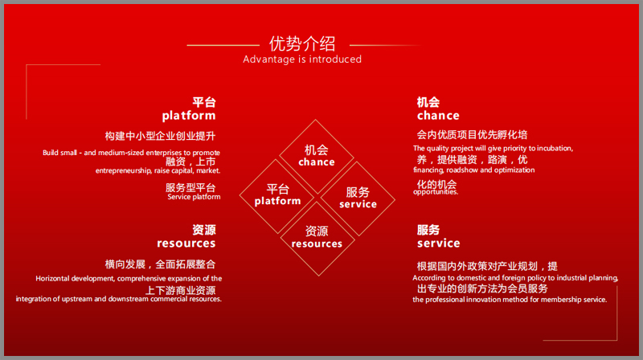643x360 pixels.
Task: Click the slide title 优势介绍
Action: (x=302, y=43)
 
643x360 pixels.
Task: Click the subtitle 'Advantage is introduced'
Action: (x=302, y=59)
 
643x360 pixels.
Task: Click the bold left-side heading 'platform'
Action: (x=189, y=116)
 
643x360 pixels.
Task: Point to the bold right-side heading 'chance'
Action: (x=438, y=116)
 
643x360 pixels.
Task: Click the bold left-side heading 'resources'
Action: (x=186, y=243)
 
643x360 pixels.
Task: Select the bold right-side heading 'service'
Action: (x=438, y=243)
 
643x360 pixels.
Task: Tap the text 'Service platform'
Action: (x=194, y=197)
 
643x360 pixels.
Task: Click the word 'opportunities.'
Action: (x=436, y=192)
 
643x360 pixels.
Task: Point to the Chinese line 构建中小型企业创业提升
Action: (x=160, y=136)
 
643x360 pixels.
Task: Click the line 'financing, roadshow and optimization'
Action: (x=473, y=170)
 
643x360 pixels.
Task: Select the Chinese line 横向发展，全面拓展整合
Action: (x=160, y=264)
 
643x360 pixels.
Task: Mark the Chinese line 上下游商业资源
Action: (x=180, y=290)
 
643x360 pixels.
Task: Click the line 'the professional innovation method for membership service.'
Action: (x=510, y=300)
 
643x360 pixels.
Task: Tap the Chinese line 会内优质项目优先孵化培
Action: (x=472, y=134)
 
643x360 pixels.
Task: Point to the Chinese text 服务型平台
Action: (x=190, y=188)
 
